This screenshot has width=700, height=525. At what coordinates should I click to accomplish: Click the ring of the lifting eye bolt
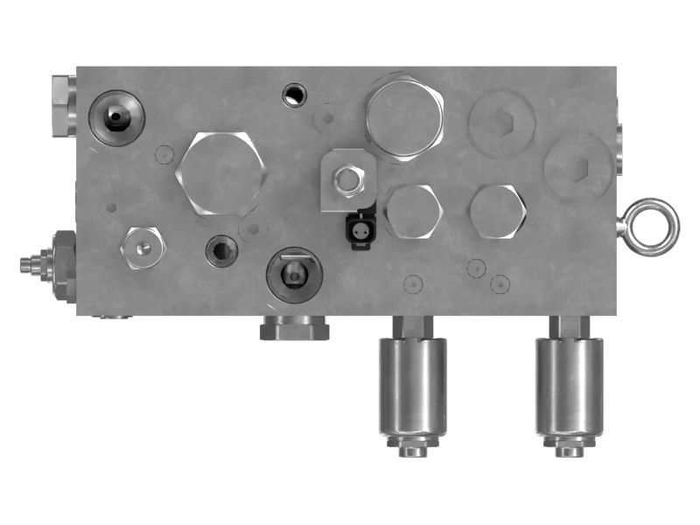click(x=654, y=226)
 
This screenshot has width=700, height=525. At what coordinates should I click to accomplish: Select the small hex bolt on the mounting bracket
click(x=348, y=181)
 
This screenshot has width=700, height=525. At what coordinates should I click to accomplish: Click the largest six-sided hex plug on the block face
click(x=220, y=172)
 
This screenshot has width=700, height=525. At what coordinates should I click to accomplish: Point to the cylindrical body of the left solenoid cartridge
click(x=412, y=385)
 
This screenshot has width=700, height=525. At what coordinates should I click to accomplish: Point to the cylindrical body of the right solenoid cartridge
click(x=569, y=385)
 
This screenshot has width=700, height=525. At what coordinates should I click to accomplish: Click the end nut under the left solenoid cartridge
click(x=412, y=448)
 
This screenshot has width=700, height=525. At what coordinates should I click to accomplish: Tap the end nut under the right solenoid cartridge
click(x=569, y=448)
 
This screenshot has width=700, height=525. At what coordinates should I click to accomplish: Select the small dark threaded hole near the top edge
click(x=296, y=94)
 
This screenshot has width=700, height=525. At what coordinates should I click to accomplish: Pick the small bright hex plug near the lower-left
click(x=143, y=248)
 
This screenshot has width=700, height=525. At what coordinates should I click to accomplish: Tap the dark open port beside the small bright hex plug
click(x=221, y=252)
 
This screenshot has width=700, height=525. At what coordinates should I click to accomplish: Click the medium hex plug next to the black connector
click(x=411, y=212)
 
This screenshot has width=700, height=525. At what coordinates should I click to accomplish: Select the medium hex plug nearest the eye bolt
click(x=497, y=212)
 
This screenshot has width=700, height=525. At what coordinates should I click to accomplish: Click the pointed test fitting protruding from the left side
click(x=33, y=262)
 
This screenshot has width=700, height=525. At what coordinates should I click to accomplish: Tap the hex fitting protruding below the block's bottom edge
click(x=294, y=328)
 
